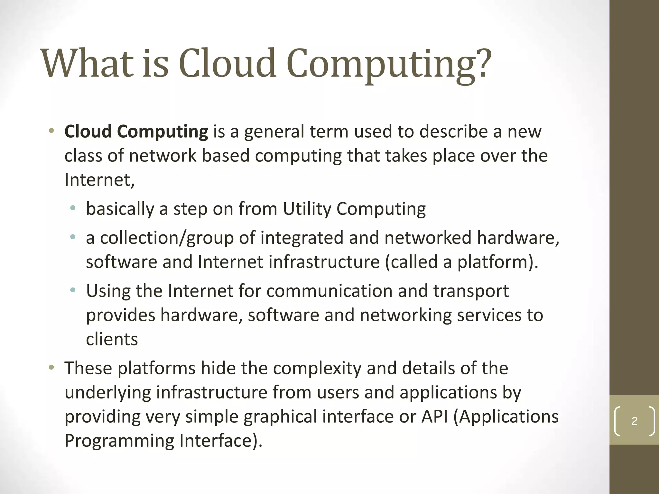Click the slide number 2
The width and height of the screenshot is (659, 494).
(635, 421)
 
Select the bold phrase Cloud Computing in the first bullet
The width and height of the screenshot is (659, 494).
(136, 132)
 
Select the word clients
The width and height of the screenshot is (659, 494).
(112, 339)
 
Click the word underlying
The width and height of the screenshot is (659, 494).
(108, 392)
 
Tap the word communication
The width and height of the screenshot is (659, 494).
(329, 291)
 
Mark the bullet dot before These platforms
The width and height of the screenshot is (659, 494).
(51, 368)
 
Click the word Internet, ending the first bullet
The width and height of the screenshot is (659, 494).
(99, 180)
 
